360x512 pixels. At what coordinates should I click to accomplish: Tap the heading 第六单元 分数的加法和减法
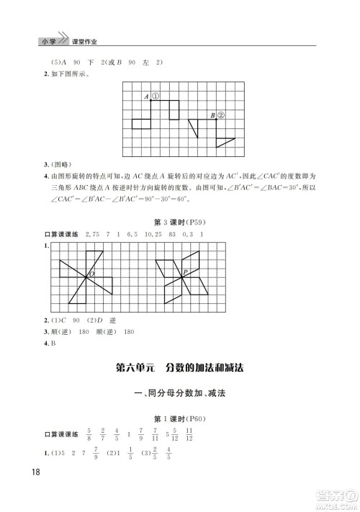(179, 367)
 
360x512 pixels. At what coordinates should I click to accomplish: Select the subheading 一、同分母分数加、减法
(179, 393)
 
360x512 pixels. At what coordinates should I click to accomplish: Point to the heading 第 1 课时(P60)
(179, 418)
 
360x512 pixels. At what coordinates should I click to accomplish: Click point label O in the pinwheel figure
(91, 274)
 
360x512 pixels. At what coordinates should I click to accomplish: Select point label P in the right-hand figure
(185, 271)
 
